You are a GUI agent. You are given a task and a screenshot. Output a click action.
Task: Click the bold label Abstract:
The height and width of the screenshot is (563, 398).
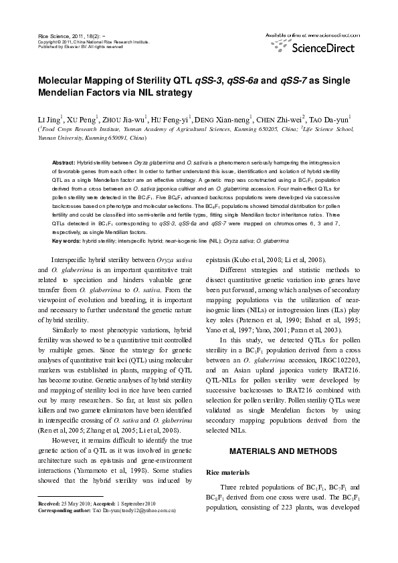(64, 163)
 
